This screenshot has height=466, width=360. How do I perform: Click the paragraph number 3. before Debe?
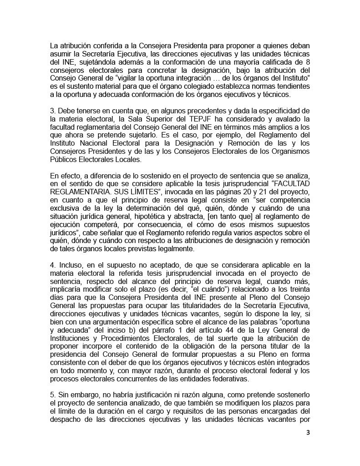[53, 111]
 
